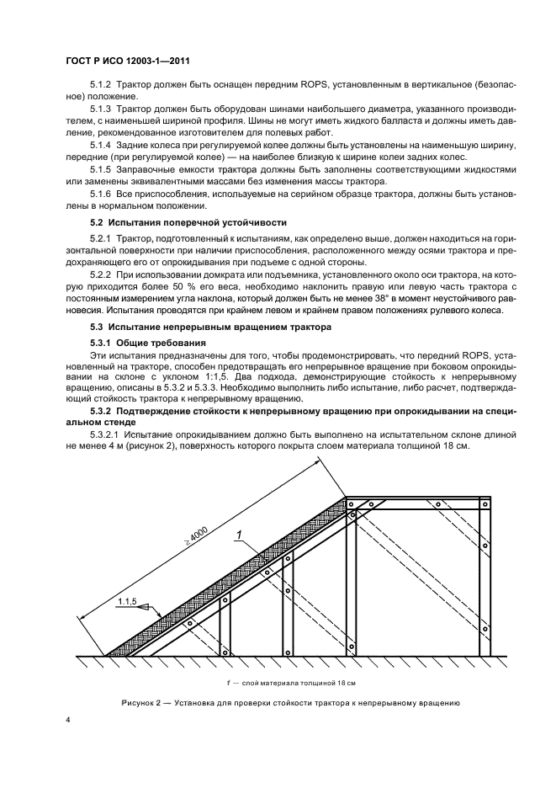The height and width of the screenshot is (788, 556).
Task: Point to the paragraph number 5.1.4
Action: pos(102,146)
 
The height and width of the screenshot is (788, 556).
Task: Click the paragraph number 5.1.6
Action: pos(102,194)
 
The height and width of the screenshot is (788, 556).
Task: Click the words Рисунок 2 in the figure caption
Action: pos(145,701)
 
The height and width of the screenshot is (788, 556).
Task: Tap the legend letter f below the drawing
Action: pos(230,681)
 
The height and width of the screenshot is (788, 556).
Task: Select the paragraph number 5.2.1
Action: pos(102,240)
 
